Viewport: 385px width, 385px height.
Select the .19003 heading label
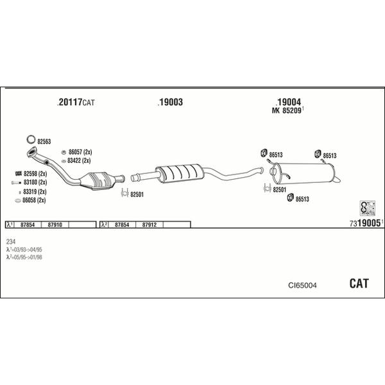pos(170,102)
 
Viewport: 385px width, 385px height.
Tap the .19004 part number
pos(288,101)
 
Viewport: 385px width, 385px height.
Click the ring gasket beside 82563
pos(30,140)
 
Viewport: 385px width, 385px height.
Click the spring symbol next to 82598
pos(17,174)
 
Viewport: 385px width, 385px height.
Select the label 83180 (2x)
pos(34,183)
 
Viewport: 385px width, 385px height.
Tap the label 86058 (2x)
pos(34,200)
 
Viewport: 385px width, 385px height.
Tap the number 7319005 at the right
pos(366,223)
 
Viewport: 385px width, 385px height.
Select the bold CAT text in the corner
pos(359,283)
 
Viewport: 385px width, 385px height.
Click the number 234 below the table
pos(11,241)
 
